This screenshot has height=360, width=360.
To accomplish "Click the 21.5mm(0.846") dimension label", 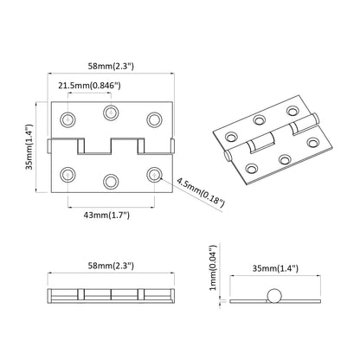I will [x=89, y=86].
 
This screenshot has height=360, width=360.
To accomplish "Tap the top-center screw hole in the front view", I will [x=110, y=112].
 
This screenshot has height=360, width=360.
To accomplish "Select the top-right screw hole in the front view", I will [x=154, y=118].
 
